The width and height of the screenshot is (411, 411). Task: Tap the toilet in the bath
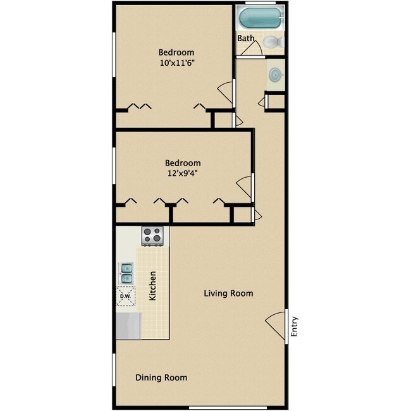coord(271,42)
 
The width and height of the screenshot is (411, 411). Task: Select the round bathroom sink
coord(275,75)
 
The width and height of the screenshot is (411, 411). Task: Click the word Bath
coord(246,39)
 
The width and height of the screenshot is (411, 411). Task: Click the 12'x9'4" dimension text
coord(183,173)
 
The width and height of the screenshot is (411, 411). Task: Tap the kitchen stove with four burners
coord(152,236)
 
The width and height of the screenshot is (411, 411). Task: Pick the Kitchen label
coord(152,286)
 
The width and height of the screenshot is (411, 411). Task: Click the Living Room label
coord(228,293)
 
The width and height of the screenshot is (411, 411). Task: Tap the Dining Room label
coord(161,377)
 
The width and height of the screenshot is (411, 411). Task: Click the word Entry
coord(293,327)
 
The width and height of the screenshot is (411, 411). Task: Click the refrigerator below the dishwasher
coord(128,326)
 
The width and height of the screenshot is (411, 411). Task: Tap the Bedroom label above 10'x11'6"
coord(176,52)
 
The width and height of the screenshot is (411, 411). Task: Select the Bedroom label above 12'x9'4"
coord(183,163)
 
